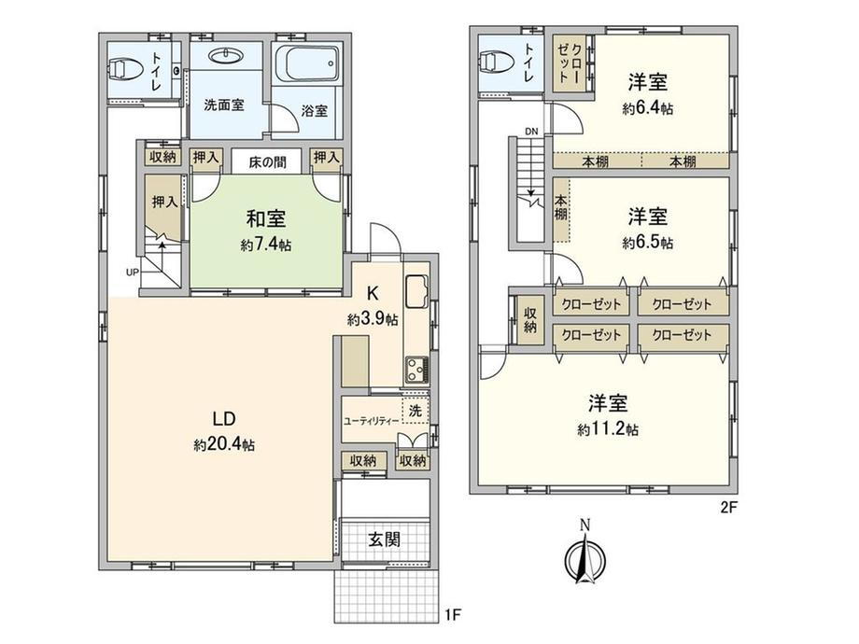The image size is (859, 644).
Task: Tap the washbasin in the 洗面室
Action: (x=224, y=57)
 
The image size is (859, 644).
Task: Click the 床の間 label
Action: (x=267, y=161)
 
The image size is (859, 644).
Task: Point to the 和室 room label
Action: (x=265, y=219)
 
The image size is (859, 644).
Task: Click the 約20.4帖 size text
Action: (x=224, y=446)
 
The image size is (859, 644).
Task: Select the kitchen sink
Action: (x=416, y=291)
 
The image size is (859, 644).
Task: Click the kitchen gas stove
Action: (x=416, y=368)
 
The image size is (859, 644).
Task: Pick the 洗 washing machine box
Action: (x=414, y=408)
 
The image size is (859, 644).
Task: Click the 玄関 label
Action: (x=385, y=539)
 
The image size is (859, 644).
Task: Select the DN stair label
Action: (x=531, y=131)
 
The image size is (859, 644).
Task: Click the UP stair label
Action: (x=133, y=273)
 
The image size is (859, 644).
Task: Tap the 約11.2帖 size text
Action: (x=608, y=430)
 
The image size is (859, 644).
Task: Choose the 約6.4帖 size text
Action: (x=647, y=108)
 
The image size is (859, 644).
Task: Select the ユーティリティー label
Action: (x=372, y=421)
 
